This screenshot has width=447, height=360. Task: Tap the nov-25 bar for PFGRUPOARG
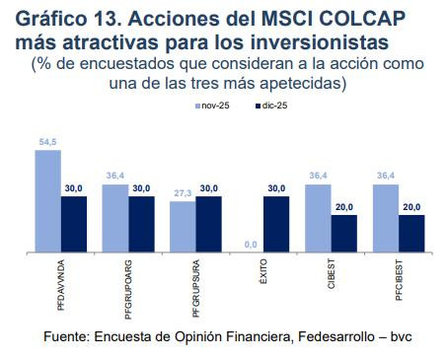(x=114, y=217)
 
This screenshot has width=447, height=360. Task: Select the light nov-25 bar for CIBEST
(x=318, y=217)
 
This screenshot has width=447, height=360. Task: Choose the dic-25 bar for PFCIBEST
(x=410, y=233)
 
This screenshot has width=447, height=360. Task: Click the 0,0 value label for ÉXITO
(x=250, y=243)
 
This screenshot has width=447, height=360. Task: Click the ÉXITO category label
(x=263, y=273)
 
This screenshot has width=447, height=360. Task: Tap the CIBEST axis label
(x=331, y=275)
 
